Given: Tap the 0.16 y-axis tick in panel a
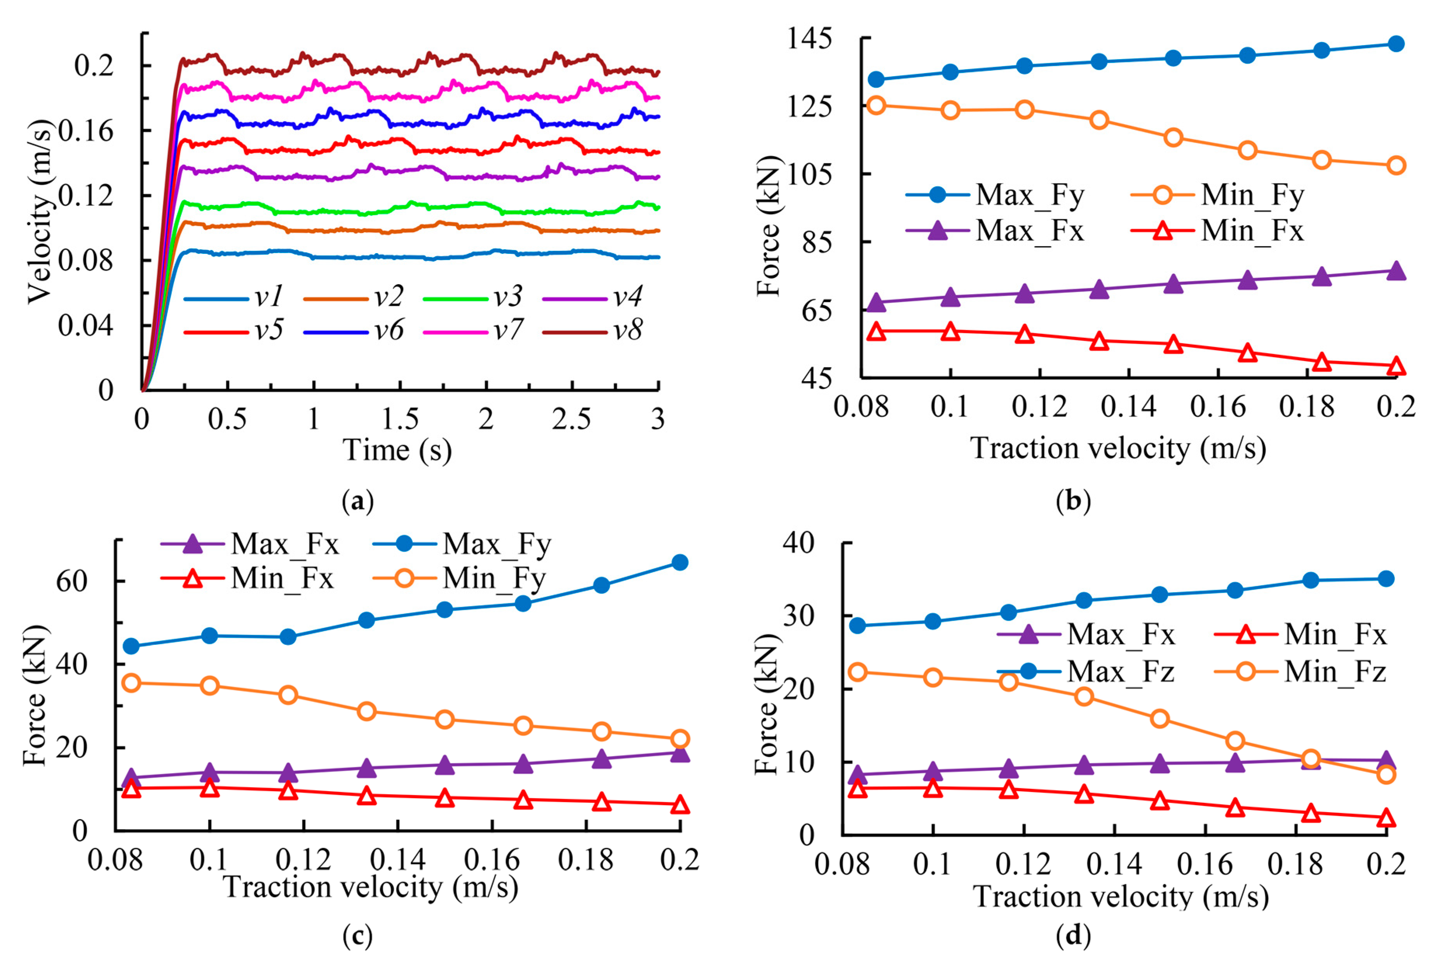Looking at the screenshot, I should (x=86, y=131).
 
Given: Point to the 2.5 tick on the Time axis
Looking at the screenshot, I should (x=571, y=419).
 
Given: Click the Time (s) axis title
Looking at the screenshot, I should (x=397, y=450).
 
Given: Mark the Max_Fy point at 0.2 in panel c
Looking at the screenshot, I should (x=680, y=562).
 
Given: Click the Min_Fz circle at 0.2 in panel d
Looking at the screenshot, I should (x=1386, y=774).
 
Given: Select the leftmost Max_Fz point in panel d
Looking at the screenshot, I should (x=857, y=625).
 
